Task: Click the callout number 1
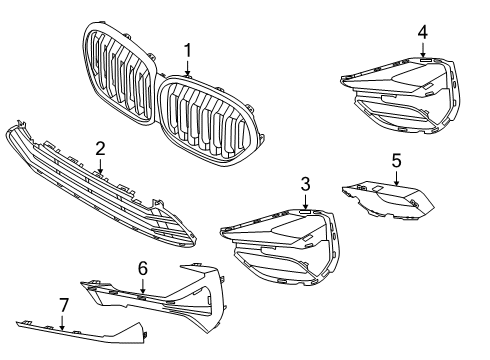click(x=187, y=49)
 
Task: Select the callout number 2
click(x=100, y=148)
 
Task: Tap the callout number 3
click(x=305, y=184)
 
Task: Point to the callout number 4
click(x=422, y=32)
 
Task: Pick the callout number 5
click(x=396, y=159)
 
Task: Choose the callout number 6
click(x=142, y=268)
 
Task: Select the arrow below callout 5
click(x=396, y=180)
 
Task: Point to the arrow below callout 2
click(x=100, y=168)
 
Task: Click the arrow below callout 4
click(x=422, y=52)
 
